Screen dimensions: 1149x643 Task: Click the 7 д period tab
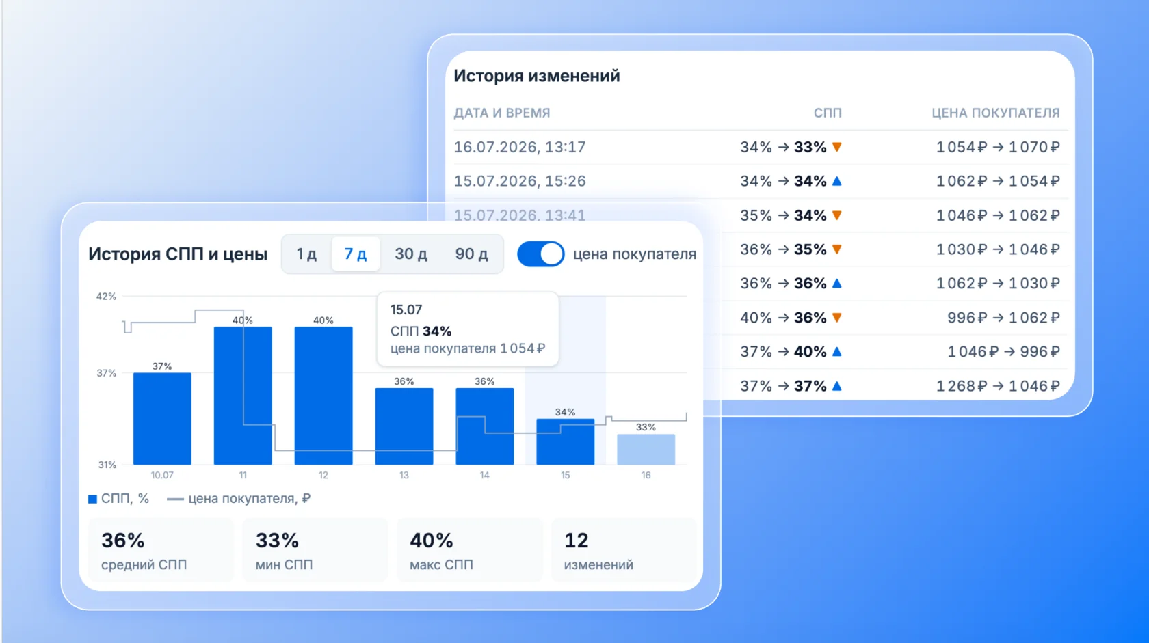pyautogui.click(x=356, y=254)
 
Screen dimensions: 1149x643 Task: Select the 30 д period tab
pyautogui.click(x=411, y=254)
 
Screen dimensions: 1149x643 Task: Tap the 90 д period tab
pyautogui.click(x=471, y=254)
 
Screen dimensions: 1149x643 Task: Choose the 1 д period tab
pyautogui.click(x=306, y=254)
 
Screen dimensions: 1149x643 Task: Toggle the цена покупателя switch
pyautogui.click(x=540, y=254)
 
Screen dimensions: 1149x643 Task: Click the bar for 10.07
pyautogui.click(x=162, y=419)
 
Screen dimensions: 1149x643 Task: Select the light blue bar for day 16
pyautogui.click(x=646, y=450)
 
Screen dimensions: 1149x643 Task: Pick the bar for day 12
pyautogui.click(x=323, y=396)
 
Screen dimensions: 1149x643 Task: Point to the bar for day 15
pyautogui.click(x=565, y=441)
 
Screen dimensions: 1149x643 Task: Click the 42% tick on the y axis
pyautogui.click(x=106, y=296)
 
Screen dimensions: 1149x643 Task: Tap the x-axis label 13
pyautogui.click(x=404, y=476)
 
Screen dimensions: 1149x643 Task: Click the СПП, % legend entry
pyautogui.click(x=118, y=499)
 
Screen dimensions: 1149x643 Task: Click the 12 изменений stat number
pyautogui.click(x=576, y=540)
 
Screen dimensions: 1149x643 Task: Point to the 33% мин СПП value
pyautogui.click(x=277, y=540)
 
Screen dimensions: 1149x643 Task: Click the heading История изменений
pyautogui.click(x=536, y=76)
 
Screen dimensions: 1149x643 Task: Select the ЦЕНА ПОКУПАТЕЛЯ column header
pyautogui.click(x=996, y=113)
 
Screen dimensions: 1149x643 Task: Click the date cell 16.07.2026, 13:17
pyautogui.click(x=520, y=147)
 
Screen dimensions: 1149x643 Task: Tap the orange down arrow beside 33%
pyautogui.click(x=836, y=147)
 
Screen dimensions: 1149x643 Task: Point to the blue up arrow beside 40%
pyautogui.click(x=836, y=351)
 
